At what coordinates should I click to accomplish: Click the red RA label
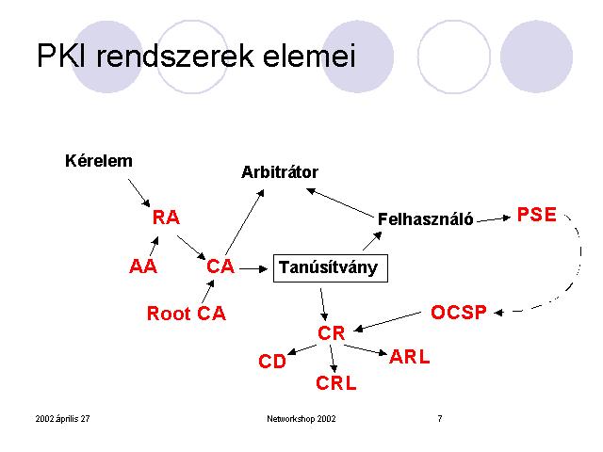[166, 218]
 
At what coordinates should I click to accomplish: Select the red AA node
[143, 266]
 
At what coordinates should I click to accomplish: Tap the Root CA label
[187, 314]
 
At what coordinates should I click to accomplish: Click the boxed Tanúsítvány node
[331, 267]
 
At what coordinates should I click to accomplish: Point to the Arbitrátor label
[280, 172]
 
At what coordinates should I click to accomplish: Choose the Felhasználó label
[425, 219]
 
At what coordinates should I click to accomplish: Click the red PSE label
[537, 215]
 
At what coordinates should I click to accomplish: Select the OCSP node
[459, 312]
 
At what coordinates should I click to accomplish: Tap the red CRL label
[336, 383]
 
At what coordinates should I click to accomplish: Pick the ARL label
[410, 357]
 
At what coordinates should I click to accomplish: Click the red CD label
[272, 362]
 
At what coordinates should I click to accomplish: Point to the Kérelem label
[99, 161]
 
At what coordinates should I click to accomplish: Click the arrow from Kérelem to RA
[139, 193]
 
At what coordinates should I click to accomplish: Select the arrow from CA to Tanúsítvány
[253, 268]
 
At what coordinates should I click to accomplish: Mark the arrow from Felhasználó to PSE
[494, 219]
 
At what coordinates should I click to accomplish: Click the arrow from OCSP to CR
[387, 321]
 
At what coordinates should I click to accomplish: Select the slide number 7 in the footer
[440, 418]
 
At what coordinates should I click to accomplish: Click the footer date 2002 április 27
[63, 418]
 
